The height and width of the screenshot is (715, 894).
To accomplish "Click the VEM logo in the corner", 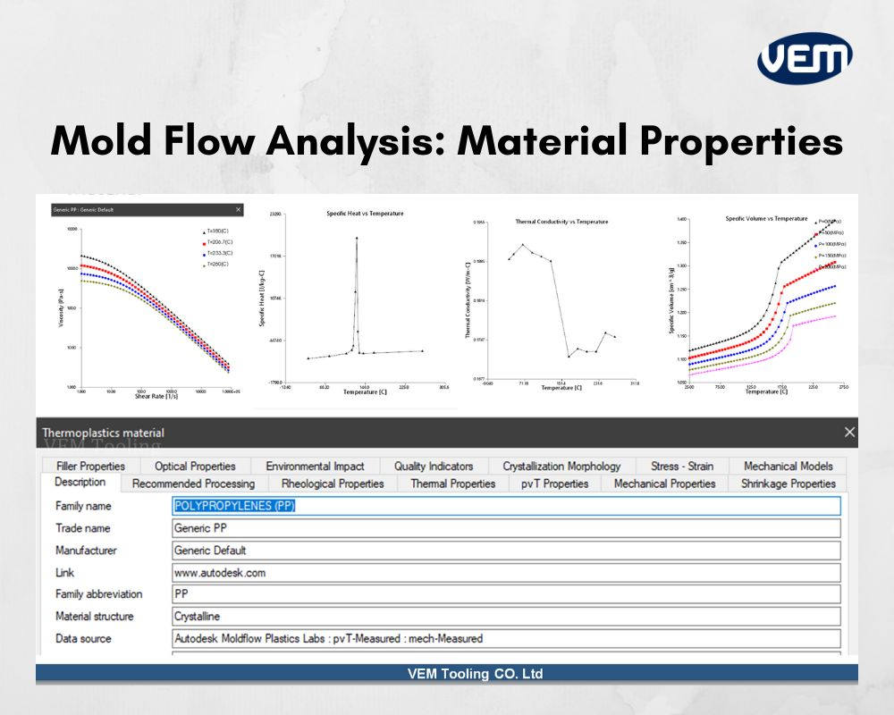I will tap(805, 58).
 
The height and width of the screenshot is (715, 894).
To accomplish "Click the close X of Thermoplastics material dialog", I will tap(848, 432).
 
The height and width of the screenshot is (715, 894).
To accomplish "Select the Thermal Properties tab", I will tap(452, 484).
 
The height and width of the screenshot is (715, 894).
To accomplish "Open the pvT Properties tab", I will tap(554, 484).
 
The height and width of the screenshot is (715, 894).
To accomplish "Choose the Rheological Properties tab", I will tap(333, 484).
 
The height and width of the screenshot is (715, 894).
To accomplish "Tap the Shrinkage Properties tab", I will tap(788, 484).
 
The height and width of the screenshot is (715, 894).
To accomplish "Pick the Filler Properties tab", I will tap(90, 466).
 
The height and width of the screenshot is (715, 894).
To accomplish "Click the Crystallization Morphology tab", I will tap(561, 466).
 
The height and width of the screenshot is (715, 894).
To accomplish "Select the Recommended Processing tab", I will tap(193, 484).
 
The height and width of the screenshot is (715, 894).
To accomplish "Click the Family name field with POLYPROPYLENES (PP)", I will tap(506, 506).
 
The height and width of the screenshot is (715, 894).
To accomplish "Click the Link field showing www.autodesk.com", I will tap(506, 572).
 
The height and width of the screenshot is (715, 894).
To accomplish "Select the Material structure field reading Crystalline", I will tap(506, 616).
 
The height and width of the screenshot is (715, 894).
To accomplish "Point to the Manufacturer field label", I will tap(86, 550).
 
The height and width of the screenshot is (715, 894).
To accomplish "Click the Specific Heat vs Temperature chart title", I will tap(365, 214).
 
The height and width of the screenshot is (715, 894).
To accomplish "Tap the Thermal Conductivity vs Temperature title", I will tap(561, 221).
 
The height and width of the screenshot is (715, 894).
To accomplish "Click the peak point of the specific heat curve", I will tap(357, 238).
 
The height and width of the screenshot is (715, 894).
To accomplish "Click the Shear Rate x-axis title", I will tap(154, 396).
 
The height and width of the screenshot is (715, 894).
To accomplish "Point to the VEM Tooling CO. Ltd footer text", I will tap(475, 674).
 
